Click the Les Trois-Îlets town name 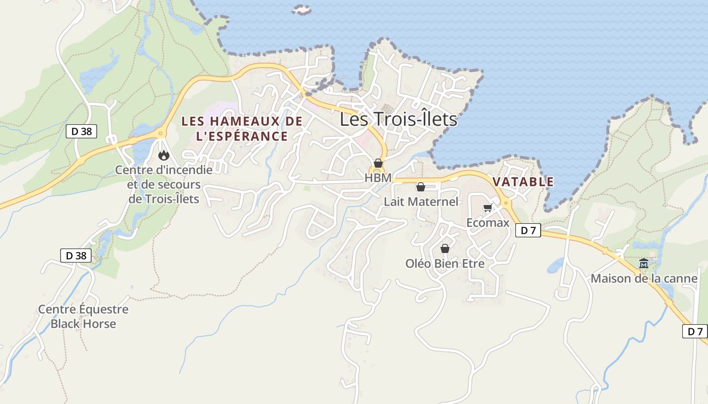click(398, 120)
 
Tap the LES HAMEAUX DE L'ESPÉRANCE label click(242, 129)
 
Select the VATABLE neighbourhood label click(523, 182)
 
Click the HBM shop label click(378, 178)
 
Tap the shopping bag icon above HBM click(378, 163)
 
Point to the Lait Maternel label click(421, 202)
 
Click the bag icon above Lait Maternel click(420, 187)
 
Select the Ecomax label click(488, 222)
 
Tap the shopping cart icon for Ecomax click(488, 208)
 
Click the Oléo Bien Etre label click(445, 264)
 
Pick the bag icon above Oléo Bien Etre click(445, 248)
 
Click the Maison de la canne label click(644, 278)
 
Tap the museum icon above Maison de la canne click(644, 264)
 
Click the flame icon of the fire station click(163, 155)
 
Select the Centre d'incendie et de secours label click(164, 184)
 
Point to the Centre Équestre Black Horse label click(83, 316)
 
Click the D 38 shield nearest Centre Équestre click(76, 256)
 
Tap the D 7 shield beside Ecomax click(528, 231)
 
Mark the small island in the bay click(302, 10)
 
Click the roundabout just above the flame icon click(161, 134)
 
